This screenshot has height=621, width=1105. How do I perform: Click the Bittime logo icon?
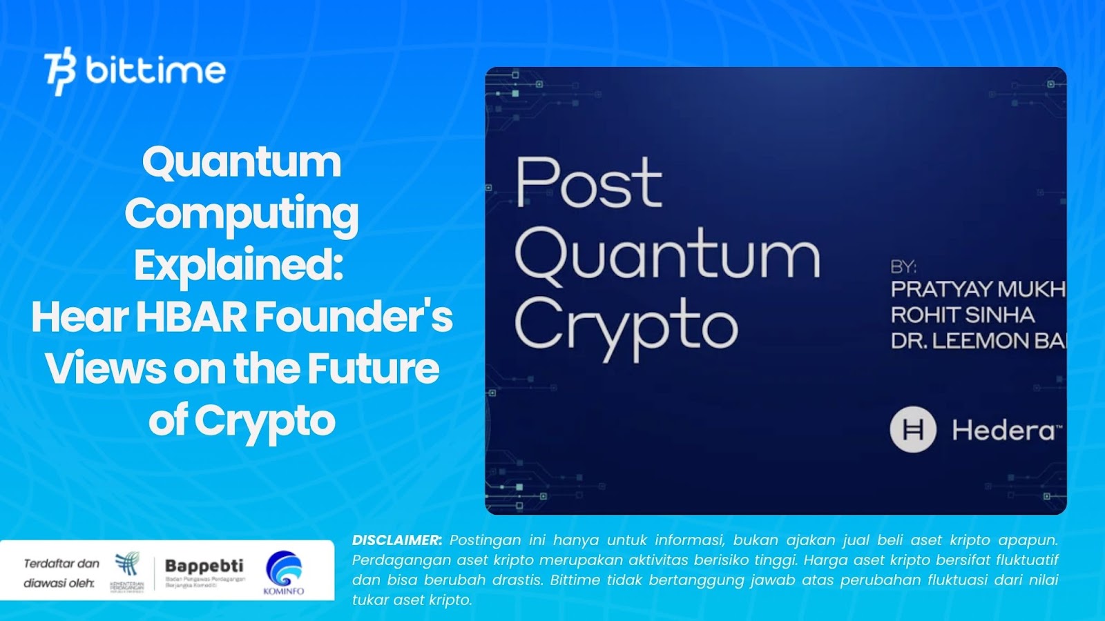[60, 70]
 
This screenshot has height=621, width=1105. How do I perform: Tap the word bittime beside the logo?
[156, 70]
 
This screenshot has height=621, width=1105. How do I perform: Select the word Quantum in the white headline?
[242, 162]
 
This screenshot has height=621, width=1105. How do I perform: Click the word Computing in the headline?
[242, 214]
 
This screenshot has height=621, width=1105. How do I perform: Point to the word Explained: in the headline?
[239, 265]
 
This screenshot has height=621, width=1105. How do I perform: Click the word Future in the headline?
[373, 368]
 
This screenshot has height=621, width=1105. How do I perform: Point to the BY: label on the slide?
[903, 266]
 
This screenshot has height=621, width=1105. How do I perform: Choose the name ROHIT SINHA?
[962, 315]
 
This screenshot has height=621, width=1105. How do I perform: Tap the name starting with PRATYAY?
[978, 289]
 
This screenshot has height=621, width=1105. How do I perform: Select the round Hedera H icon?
[913, 429]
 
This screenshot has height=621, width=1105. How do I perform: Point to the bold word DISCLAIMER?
[397, 540]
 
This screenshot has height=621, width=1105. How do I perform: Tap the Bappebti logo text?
[204, 566]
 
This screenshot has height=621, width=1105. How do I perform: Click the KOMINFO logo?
[284, 572]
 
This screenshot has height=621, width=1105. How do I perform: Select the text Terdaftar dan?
[61, 563]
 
